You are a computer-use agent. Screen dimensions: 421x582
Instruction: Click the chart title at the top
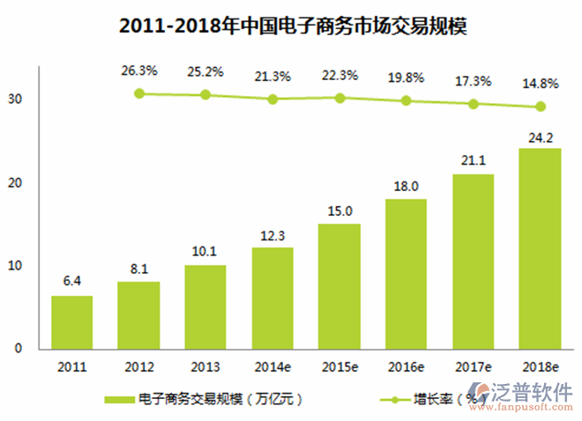(x=292, y=26)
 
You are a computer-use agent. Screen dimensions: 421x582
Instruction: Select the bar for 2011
(x=71, y=322)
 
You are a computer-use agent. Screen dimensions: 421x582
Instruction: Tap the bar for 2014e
(x=272, y=298)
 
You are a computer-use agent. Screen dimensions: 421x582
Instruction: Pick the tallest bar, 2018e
(x=541, y=248)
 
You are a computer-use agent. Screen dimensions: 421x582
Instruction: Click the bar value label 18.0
(x=407, y=187)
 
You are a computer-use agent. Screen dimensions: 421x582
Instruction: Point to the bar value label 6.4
(x=71, y=283)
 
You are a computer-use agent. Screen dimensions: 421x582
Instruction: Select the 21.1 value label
(x=474, y=161)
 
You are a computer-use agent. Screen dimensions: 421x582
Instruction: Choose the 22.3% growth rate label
(x=339, y=77)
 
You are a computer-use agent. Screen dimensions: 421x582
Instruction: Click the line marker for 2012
(x=138, y=92)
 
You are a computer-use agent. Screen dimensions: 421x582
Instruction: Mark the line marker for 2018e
(x=541, y=107)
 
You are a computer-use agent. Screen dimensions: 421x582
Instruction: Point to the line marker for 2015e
(x=339, y=98)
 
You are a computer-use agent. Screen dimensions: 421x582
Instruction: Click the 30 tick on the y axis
(x=15, y=100)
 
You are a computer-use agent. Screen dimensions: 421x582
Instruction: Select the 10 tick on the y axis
(x=15, y=266)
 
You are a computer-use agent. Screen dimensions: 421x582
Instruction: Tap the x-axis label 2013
(x=205, y=366)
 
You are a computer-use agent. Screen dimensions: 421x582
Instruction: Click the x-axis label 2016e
(x=407, y=366)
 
